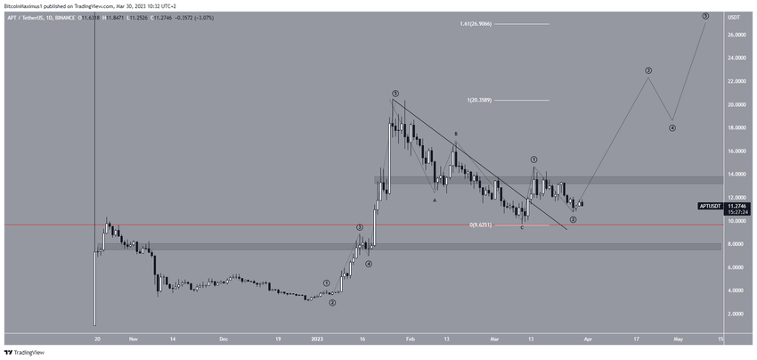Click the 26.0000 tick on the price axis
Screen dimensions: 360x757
736,35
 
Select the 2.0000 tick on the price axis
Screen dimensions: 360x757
736,314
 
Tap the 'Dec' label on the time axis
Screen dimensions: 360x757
224,340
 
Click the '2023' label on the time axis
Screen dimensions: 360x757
318,340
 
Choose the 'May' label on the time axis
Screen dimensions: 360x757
679,340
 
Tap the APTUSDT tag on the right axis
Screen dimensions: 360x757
712,206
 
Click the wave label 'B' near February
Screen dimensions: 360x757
456,135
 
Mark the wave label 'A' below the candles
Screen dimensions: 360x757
435,200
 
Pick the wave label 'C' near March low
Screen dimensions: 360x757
522,228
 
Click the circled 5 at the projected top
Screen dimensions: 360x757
704,16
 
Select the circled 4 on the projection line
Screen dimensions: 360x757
672,127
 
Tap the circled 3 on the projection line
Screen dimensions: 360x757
648,70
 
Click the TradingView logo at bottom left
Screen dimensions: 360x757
24,352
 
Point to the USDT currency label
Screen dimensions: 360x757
735,17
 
